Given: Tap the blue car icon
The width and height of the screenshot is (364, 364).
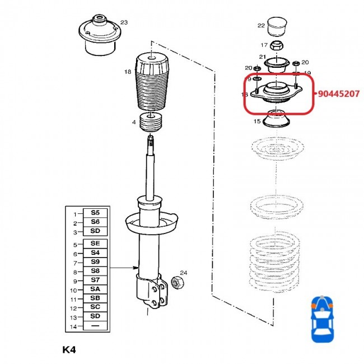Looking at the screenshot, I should tap(321, 320).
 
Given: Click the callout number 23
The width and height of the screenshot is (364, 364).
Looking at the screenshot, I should tap(124, 22).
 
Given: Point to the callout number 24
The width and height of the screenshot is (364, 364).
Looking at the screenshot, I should tap(184, 273).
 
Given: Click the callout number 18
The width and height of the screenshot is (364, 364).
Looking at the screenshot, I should tap(128, 72).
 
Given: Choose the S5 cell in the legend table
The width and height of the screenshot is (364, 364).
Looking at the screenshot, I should tap(95, 213).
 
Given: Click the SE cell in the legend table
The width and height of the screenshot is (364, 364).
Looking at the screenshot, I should tap(95, 244).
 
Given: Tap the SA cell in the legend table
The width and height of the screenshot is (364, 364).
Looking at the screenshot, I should tap(95, 289).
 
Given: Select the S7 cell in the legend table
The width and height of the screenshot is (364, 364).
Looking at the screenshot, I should tap(95, 280).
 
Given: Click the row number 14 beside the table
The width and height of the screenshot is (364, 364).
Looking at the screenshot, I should tap(73, 325).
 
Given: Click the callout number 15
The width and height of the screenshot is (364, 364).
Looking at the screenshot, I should tap(257, 121).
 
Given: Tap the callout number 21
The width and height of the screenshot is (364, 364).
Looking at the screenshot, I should tap(262, 57).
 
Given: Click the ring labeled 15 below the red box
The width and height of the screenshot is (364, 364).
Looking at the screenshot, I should tap(276, 120).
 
